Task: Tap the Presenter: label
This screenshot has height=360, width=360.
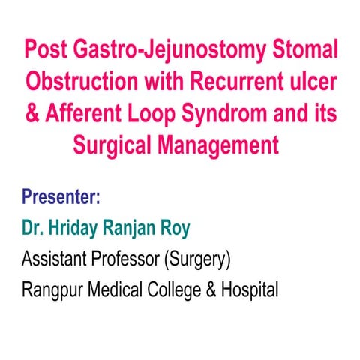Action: click(x=61, y=200)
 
